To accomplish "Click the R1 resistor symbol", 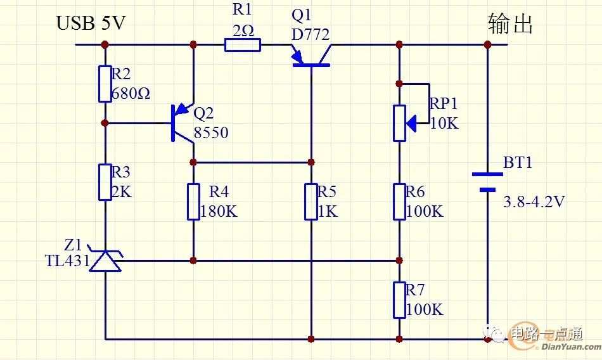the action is [x=242, y=45].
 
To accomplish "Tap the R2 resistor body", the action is [x=105, y=84].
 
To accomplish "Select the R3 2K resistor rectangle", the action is [x=105, y=182].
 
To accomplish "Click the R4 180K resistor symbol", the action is [x=193, y=202].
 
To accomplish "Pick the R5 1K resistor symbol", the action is [x=311, y=202].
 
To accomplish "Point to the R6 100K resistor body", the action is [x=399, y=202].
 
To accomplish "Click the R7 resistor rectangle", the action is [x=399, y=300].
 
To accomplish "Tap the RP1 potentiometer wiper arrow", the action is [x=411, y=124].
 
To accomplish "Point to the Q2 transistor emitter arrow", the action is [x=182, y=110].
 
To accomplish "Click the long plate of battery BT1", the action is [x=487, y=174].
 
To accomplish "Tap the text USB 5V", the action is [x=91, y=23].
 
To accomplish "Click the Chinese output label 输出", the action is [x=510, y=24].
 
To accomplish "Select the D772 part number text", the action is [x=311, y=35].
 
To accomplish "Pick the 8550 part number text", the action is [x=211, y=132].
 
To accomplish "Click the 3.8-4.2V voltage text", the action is [x=534, y=202].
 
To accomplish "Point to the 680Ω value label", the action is [x=131, y=93].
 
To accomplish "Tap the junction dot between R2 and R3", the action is [x=105, y=124].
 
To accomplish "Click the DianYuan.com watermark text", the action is [x=571, y=347].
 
